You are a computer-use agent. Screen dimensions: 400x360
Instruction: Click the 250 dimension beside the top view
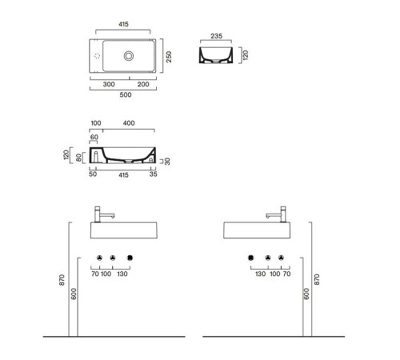coord(169,57)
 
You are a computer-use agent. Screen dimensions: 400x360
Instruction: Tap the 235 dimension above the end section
coord(216,36)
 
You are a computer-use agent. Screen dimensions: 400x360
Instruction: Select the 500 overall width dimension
coord(126,94)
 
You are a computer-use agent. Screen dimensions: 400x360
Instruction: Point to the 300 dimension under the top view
coord(109,84)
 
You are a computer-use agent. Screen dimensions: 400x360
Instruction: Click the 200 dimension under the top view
coord(143,84)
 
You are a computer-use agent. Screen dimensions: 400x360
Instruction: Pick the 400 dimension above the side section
coord(129,123)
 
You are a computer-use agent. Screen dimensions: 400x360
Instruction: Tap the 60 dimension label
coord(94,137)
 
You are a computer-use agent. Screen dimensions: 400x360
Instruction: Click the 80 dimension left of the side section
coord(78,158)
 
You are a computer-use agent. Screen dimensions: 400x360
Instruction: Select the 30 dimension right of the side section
coord(167,162)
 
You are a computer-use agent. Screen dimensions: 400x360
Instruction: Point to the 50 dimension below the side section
coord(93,174)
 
